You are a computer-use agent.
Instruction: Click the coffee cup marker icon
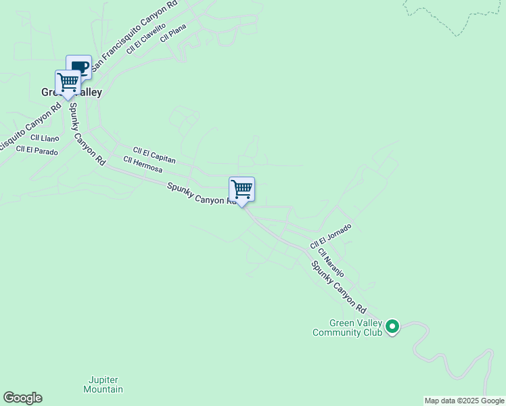pyautogui.click(x=80, y=66)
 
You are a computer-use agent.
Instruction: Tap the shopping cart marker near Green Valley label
pyautogui.click(x=68, y=82)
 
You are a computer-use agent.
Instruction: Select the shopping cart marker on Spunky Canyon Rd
pyautogui.click(x=241, y=189)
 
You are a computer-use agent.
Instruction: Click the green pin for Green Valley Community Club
pyautogui.click(x=392, y=328)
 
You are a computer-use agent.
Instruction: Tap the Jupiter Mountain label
pyautogui.click(x=103, y=384)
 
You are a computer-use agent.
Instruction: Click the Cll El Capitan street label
pyautogui.click(x=154, y=156)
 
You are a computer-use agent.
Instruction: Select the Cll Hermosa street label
pyautogui.click(x=142, y=164)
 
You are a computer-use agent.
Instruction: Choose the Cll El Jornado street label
pyautogui.click(x=331, y=235)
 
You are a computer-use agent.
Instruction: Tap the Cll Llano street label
pyautogui.click(x=45, y=138)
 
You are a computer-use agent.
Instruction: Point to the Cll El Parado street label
pyautogui.click(x=37, y=151)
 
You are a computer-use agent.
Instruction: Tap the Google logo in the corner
pyautogui.click(x=22, y=398)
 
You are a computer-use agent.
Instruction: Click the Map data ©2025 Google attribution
pyautogui.click(x=464, y=401)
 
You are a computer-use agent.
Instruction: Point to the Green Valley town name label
pyautogui.click(x=72, y=93)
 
